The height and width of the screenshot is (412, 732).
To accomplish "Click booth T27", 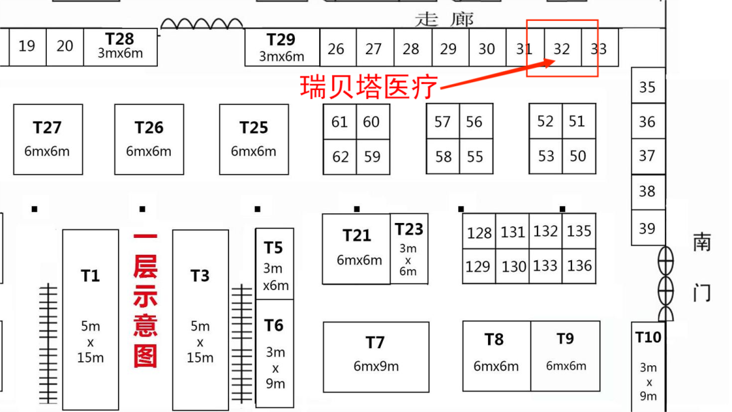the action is [47, 139].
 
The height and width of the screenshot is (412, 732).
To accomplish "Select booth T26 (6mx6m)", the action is [149, 139].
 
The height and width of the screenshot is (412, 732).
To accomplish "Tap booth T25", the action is [253, 139].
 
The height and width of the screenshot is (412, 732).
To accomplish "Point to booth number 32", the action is [562, 49].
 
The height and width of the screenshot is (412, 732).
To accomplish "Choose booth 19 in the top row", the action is [27, 46].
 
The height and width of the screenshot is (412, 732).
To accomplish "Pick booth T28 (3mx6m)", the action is [120, 45].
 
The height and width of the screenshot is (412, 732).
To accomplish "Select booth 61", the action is [340, 122].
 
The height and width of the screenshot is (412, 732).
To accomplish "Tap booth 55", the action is [475, 157].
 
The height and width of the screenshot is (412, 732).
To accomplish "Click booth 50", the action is [577, 156].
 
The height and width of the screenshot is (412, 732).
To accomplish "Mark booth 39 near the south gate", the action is [647, 228].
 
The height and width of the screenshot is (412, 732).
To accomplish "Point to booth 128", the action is [479, 233].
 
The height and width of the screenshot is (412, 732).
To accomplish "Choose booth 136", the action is [579, 266].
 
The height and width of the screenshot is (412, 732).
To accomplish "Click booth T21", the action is [357, 248].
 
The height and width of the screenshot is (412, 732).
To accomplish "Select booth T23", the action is [409, 248].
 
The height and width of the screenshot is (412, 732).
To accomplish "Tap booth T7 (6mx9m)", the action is [375, 356].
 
